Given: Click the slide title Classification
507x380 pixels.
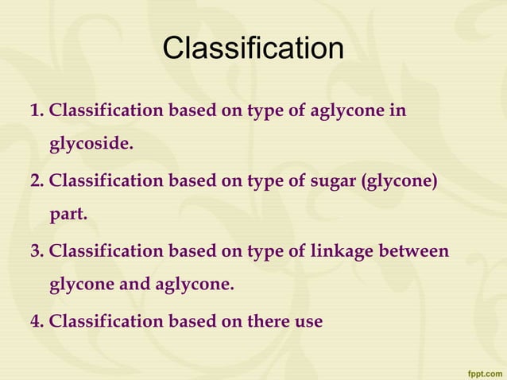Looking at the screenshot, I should (253, 49).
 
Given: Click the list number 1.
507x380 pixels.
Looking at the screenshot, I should (36, 111).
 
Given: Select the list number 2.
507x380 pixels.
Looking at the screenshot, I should (36, 181).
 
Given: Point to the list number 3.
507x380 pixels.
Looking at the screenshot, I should (36, 251).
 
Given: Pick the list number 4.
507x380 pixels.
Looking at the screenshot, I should (36, 321).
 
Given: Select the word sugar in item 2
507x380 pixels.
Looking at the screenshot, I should (333, 181).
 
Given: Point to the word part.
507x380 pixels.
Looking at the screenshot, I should (68, 215).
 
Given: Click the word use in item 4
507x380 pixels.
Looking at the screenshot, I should (309, 321).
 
